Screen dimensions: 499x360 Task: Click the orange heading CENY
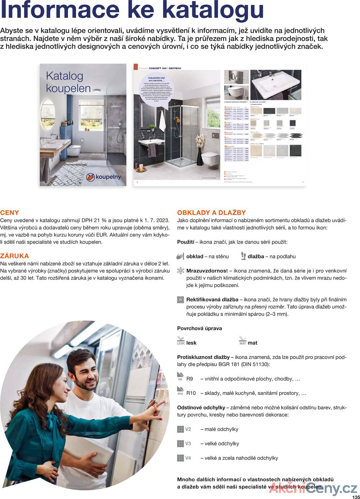[x=10, y=213]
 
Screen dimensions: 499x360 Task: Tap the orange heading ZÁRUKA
[x=14, y=256]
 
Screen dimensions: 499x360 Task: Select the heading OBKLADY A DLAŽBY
[x=211, y=213]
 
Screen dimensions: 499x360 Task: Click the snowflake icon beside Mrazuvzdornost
[x=180, y=271]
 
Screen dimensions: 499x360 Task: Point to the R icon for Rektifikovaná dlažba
[x=180, y=299]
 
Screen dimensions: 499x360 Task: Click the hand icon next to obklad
[x=180, y=256]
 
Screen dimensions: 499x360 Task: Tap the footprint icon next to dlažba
[x=243, y=256]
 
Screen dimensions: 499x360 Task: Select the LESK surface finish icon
[x=181, y=340]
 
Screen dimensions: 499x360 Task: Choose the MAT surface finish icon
[x=243, y=340]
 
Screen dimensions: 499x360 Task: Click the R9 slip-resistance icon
[x=180, y=377]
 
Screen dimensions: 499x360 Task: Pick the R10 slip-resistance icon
[x=180, y=391]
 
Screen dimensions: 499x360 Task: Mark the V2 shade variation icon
[x=180, y=429]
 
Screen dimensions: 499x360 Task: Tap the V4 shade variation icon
[x=180, y=458]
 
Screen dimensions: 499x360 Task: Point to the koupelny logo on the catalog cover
[x=103, y=177]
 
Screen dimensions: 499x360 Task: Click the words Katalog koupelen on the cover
[x=68, y=82]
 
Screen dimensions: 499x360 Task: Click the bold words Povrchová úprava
[x=199, y=328]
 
